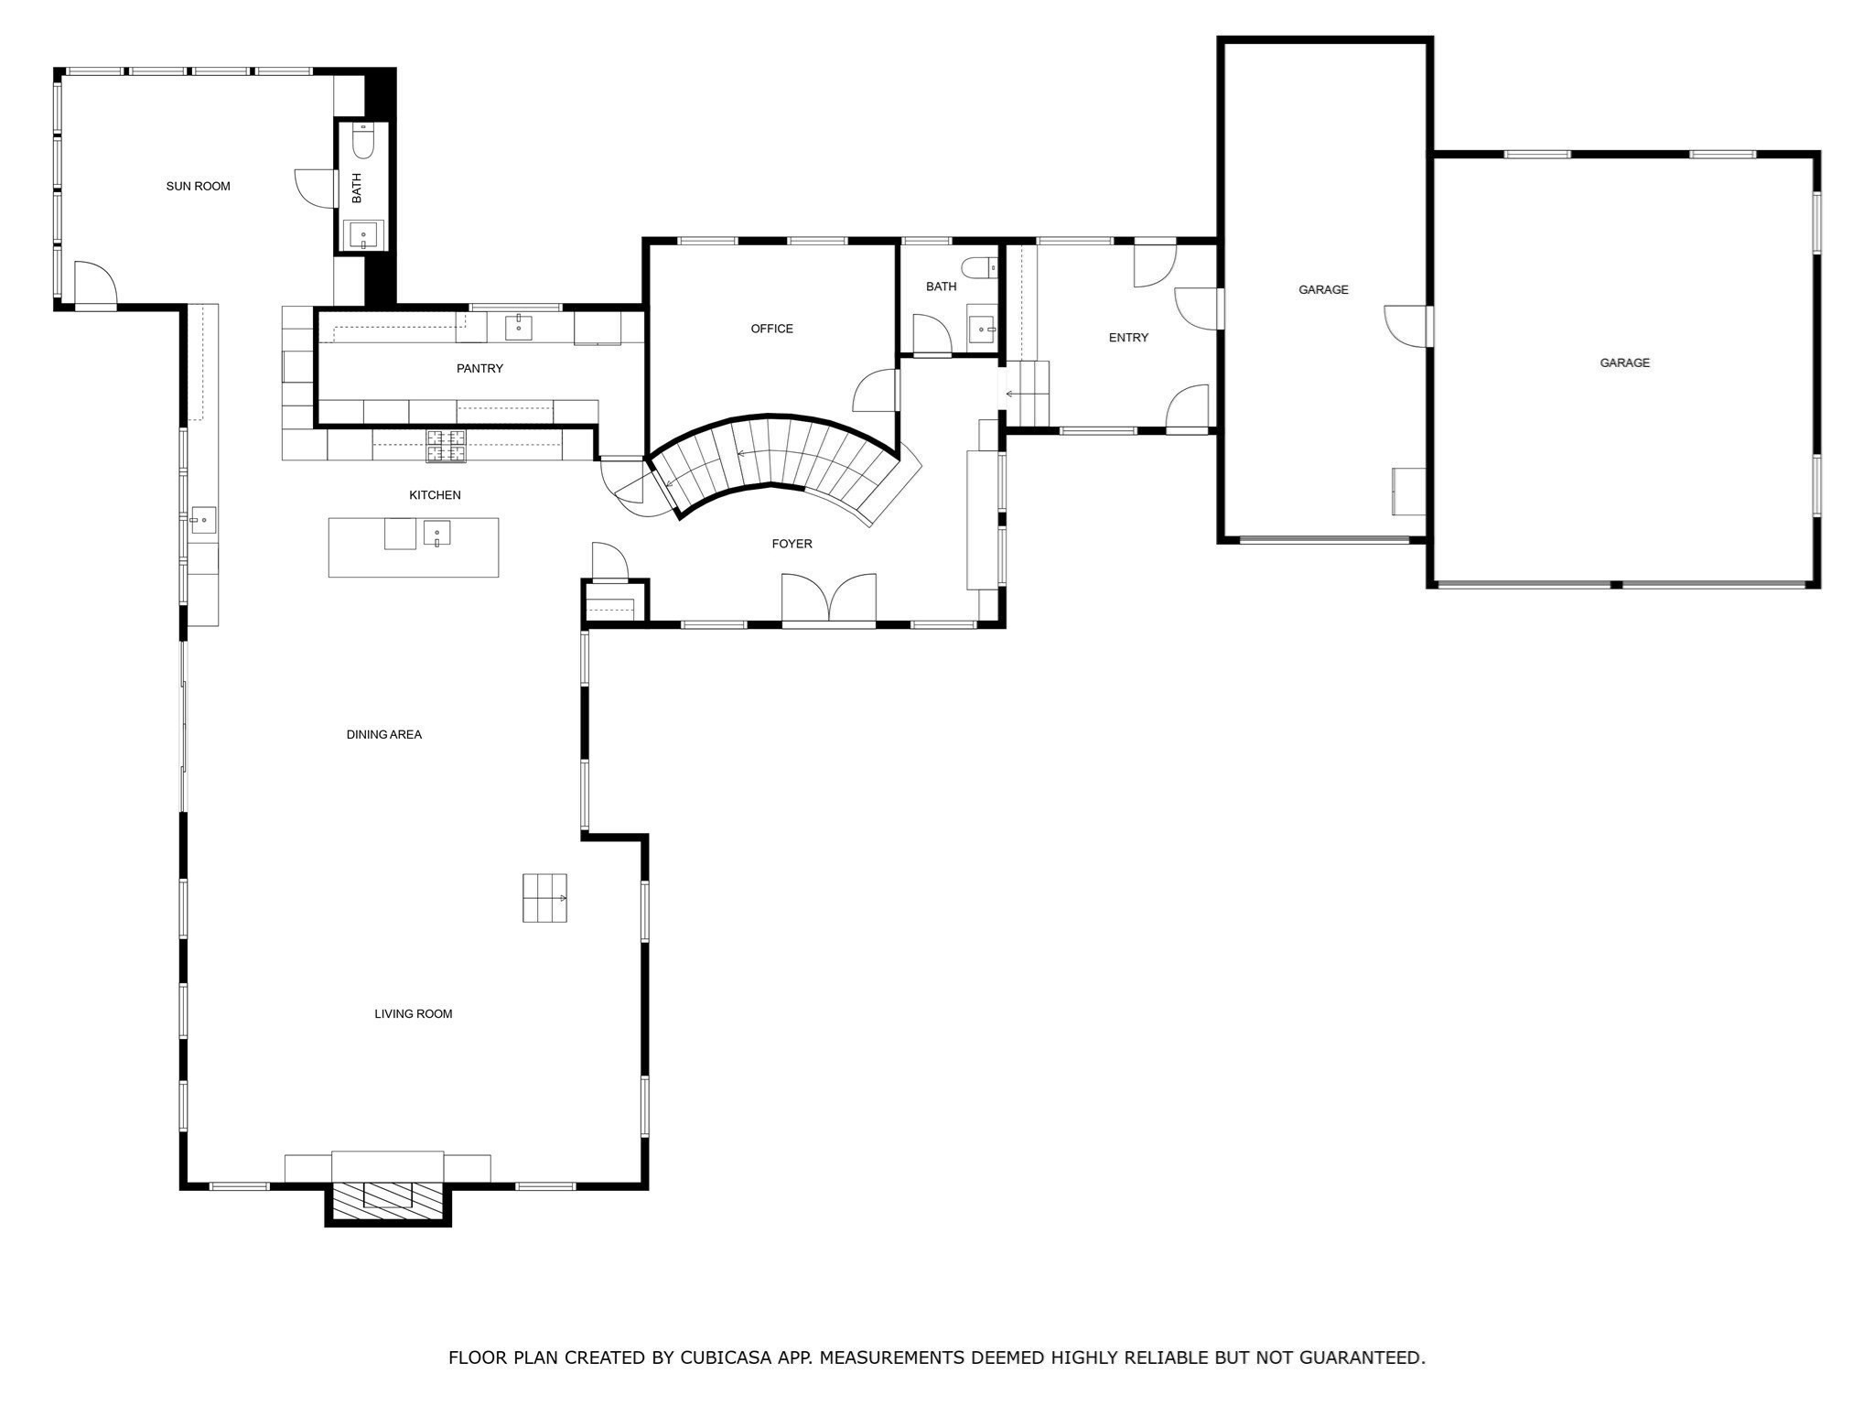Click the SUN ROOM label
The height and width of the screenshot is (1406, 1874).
(198, 186)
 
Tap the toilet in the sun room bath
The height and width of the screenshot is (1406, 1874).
(363, 142)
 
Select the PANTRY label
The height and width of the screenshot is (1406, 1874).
(479, 368)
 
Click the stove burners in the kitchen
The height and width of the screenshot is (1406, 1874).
(446, 445)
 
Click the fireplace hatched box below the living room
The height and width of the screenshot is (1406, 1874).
(388, 1200)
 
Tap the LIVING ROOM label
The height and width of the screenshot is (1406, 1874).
(413, 1013)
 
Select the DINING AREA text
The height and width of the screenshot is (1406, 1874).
(383, 734)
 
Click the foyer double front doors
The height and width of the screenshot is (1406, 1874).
(828, 600)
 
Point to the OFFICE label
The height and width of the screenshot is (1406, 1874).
(771, 329)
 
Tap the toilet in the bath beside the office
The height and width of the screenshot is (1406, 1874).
(976, 267)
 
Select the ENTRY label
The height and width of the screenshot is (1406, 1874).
(1128, 338)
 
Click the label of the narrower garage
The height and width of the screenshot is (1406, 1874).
(1323, 289)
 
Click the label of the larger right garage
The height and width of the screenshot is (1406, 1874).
(1624, 362)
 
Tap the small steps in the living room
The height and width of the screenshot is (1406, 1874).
(544, 898)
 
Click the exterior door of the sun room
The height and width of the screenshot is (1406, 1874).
(95, 286)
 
